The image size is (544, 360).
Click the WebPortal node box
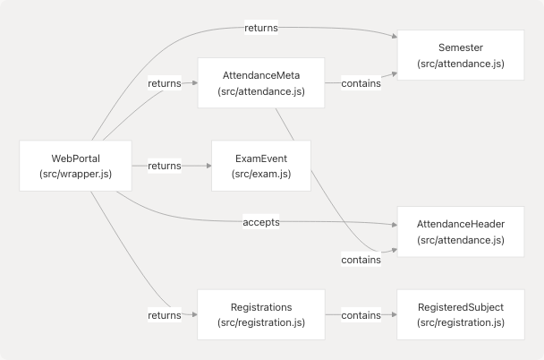click(x=74, y=166)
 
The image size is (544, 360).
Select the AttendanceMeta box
click(x=261, y=83)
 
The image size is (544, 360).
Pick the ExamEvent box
click(x=261, y=166)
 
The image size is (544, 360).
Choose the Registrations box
click(x=261, y=314)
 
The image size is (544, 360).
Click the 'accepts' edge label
click(x=261, y=221)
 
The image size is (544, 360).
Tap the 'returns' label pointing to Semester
click(x=261, y=28)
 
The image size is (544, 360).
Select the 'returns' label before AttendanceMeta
click(x=165, y=83)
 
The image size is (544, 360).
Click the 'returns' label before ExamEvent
click(x=165, y=166)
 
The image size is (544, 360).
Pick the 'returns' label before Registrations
click(x=165, y=314)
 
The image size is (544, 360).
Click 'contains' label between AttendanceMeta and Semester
click(x=361, y=83)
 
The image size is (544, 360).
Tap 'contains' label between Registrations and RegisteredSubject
click(x=361, y=314)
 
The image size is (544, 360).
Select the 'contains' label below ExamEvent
click(x=361, y=260)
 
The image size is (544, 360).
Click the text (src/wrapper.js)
click(x=74, y=174)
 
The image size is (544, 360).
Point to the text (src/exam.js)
click(x=261, y=174)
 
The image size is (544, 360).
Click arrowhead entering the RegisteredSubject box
click(x=394, y=314)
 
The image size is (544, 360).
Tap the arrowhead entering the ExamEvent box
click(x=208, y=166)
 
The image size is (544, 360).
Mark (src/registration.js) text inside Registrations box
click(x=261, y=322)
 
